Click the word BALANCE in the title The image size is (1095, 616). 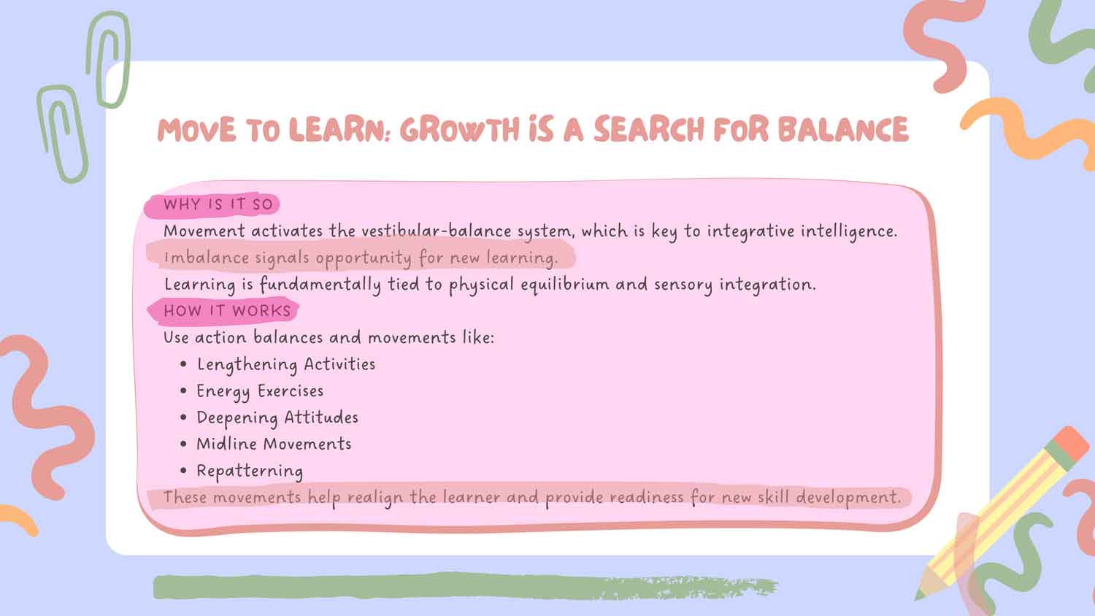point(842,130)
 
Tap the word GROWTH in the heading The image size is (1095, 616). point(459,130)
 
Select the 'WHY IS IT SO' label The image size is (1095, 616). point(218,204)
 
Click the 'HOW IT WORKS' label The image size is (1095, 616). point(227,311)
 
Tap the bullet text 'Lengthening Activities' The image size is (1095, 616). point(286,365)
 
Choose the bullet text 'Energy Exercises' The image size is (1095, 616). point(260,392)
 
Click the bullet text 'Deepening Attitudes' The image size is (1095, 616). point(277,418)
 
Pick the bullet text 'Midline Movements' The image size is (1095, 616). point(274,444)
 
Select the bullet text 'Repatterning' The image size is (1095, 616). point(250,471)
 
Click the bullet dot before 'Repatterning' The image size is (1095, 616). point(183,471)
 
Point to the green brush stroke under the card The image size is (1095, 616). point(464,587)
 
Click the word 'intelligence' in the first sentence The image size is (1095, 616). point(849,231)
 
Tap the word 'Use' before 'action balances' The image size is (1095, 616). point(176,337)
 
